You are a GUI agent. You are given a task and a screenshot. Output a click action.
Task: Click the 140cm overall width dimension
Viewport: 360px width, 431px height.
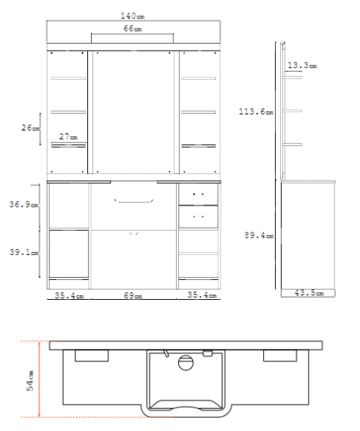pyautogui.click(x=132, y=16)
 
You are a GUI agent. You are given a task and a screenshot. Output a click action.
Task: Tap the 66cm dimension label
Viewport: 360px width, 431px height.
pyautogui.click(x=133, y=29)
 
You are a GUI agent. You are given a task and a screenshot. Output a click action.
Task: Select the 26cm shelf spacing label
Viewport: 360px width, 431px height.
pyautogui.click(x=30, y=128)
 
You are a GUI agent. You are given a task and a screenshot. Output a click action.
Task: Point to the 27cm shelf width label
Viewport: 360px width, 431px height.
pyautogui.click(x=68, y=136)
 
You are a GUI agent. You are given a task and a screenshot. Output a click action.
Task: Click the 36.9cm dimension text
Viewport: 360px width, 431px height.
pyautogui.click(x=23, y=205)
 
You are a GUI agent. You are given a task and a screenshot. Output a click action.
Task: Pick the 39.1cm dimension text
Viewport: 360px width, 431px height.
pyautogui.click(x=24, y=252)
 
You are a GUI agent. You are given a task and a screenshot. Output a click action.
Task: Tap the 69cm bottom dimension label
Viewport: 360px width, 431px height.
pyautogui.click(x=133, y=295)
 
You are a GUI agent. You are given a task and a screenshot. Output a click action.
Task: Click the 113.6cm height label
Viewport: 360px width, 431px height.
pyautogui.click(x=256, y=111)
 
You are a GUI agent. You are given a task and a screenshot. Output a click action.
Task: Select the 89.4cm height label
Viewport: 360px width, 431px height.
pyautogui.click(x=259, y=235)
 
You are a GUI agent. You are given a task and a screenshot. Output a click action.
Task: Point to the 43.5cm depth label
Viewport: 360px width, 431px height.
pyautogui.click(x=309, y=292)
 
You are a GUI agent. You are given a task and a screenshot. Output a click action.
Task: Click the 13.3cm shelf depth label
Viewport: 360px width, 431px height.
pyautogui.click(x=302, y=65)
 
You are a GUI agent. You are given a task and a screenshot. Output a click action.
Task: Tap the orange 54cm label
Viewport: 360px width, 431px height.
pyautogui.click(x=30, y=380)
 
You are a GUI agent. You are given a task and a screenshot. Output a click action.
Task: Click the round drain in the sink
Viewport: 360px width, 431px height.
pyautogui.click(x=185, y=363)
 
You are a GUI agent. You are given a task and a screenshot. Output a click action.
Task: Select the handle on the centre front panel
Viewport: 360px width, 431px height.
pyautogui.click(x=133, y=201)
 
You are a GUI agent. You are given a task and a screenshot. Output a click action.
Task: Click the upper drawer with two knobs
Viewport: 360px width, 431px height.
pyautogui.click(x=198, y=194)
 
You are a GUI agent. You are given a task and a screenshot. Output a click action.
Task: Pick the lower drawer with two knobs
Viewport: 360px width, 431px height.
pyautogui.click(x=198, y=217)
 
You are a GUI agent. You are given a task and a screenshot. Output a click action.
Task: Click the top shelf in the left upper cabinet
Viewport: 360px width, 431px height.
pyautogui.click(x=68, y=78)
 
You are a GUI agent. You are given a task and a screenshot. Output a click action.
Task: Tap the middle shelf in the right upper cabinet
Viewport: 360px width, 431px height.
pyautogui.click(x=198, y=112)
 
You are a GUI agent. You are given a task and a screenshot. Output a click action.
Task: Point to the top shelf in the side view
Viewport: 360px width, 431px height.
pyautogui.click(x=293, y=78)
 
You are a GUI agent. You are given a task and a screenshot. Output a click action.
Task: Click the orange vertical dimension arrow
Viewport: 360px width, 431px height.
pyautogui.click(x=40, y=379)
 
